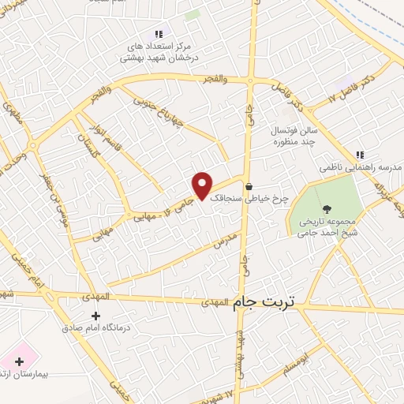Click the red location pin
(203, 185)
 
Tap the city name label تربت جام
(266, 302)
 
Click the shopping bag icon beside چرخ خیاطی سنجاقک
(249, 187)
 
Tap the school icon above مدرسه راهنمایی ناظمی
(360, 155)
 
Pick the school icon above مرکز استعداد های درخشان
(159, 34)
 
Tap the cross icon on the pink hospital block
(19, 361)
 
